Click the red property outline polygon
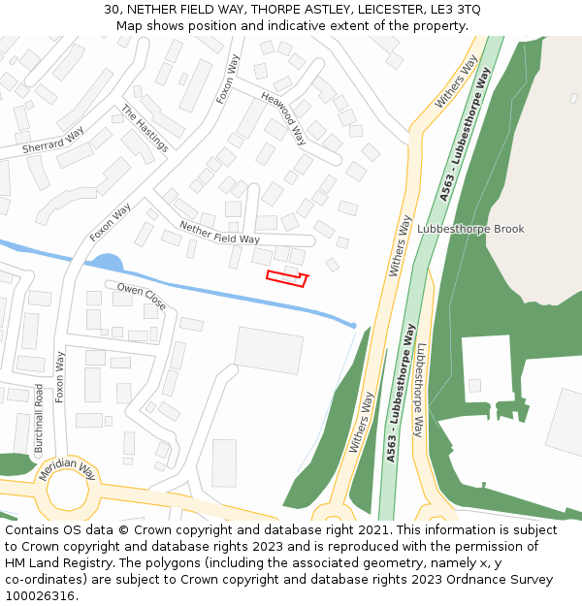point(286,279)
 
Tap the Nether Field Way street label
point(219,232)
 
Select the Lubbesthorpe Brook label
point(470,230)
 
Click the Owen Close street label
point(142,296)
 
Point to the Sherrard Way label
point(53,144)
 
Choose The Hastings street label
point(145,128)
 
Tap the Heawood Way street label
point(283,118)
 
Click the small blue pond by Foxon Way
point(108,262)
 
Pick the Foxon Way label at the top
point(227,79)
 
